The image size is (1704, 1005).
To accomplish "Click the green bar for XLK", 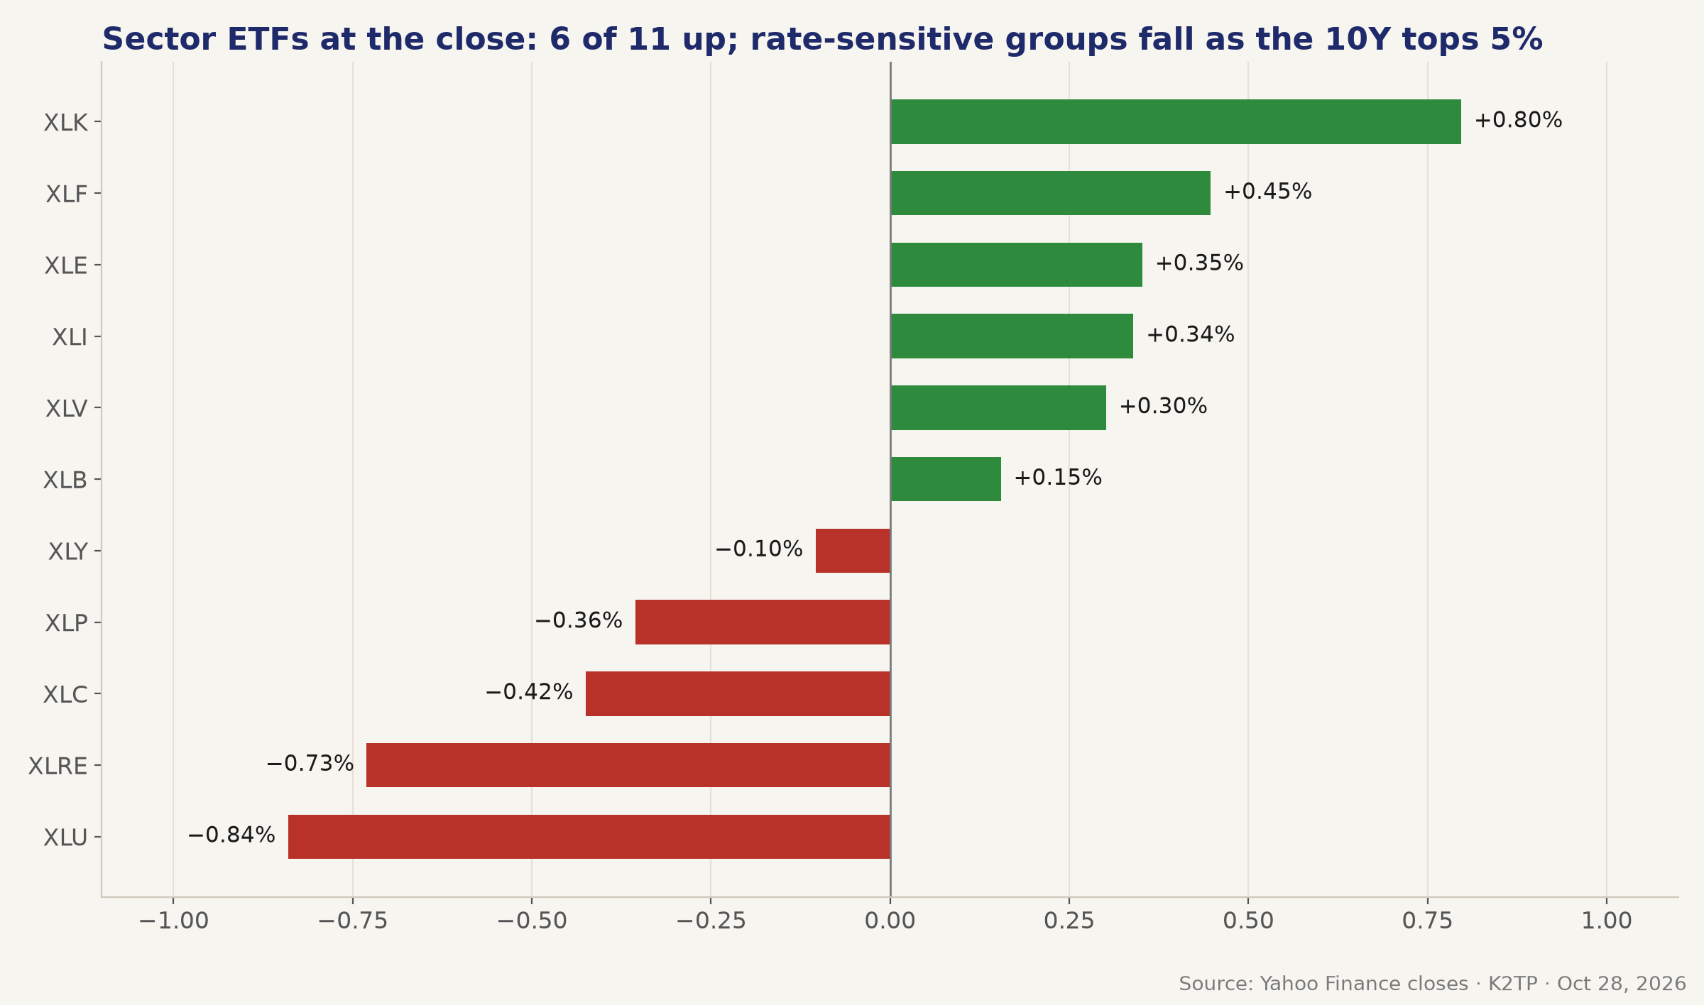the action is point(1176,121).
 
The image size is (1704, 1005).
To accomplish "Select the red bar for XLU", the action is point(589,837).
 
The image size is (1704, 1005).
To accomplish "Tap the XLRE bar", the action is point(628,765).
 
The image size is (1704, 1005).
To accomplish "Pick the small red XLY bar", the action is point(853,551).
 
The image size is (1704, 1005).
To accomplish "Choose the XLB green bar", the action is point(946,479).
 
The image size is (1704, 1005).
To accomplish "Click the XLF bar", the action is point(1051,193).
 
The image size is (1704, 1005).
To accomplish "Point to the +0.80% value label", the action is point(1518,121).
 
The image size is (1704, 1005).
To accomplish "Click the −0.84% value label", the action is point(231,835).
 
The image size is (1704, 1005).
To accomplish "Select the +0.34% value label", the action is point(1191,335).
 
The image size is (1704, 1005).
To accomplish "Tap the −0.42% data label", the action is point(529,692).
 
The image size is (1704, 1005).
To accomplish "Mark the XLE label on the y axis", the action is point(66,266).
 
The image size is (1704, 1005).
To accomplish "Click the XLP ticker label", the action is point(67,623).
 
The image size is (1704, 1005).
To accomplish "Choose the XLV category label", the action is point(67,409).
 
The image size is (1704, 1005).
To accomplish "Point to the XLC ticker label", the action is point(65,695).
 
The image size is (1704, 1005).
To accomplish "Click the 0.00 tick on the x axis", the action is point(890,921).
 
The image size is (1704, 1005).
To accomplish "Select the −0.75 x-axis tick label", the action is point(353,921).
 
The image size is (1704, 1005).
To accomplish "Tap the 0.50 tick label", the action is point(1248,921).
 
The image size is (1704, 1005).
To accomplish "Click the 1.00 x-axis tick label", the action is point(1607,921).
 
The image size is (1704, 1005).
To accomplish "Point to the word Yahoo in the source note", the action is point(1284,984).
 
